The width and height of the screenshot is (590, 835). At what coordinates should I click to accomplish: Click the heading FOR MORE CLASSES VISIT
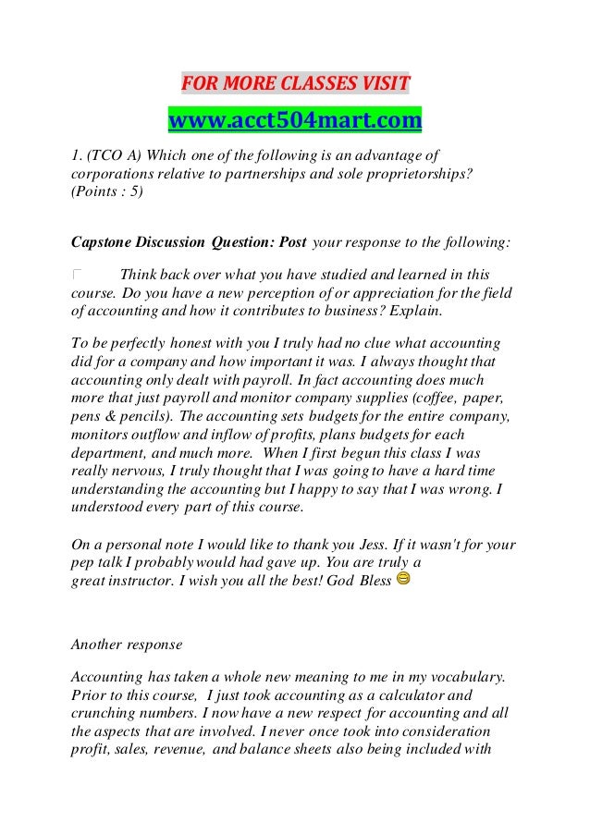pos(294,85)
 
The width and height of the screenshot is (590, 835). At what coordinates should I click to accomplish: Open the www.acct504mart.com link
pos(294,120)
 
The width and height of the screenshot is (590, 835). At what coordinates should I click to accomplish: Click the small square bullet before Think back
pos(77,276)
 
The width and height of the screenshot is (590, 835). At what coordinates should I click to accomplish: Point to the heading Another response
pos(126,644)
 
